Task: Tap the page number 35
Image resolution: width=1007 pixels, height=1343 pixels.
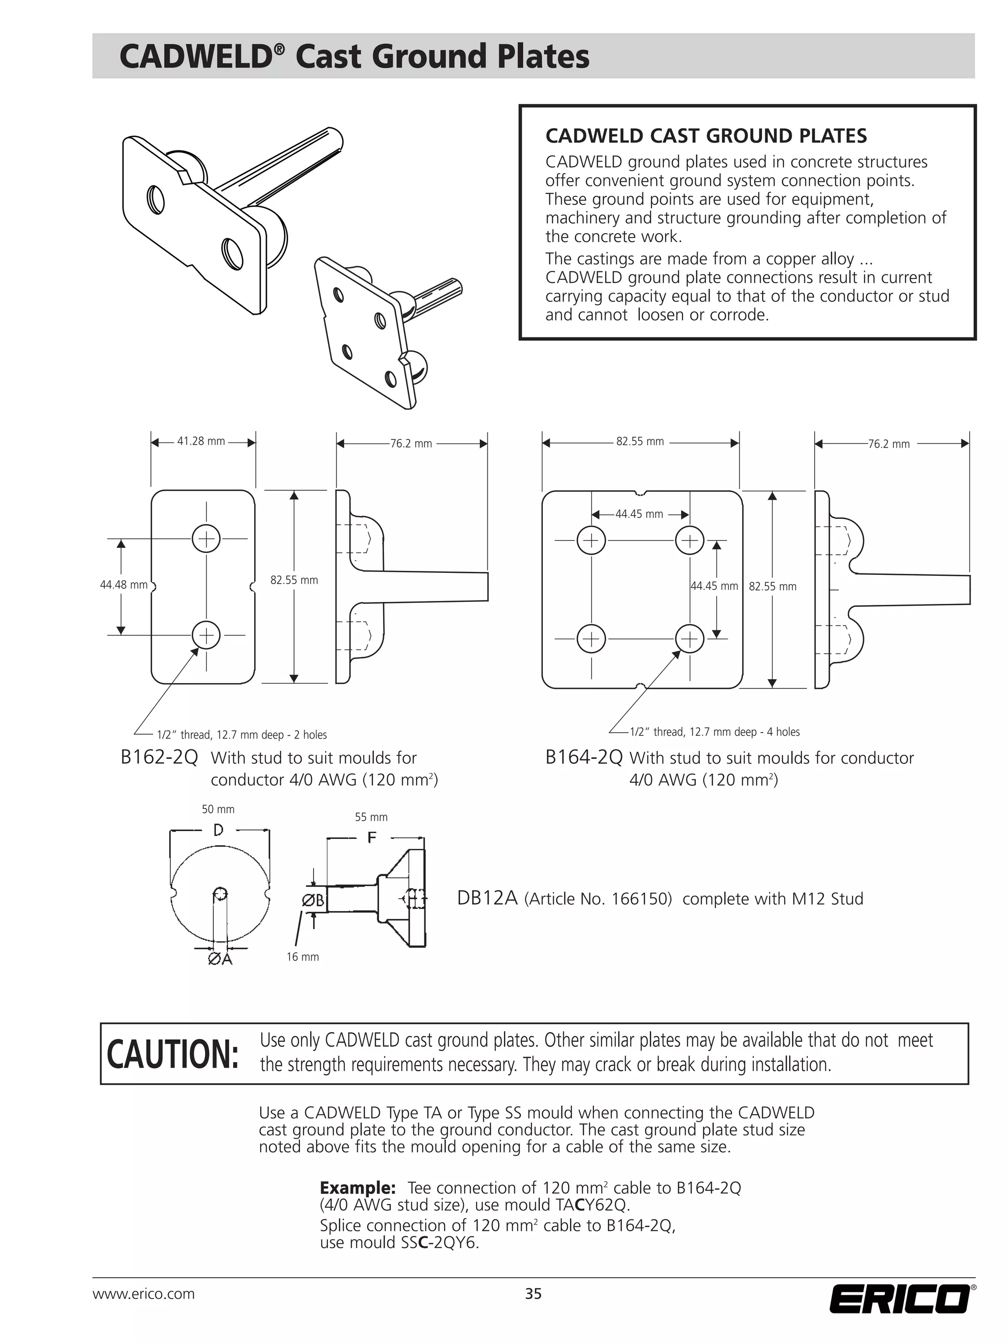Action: point(533,1294)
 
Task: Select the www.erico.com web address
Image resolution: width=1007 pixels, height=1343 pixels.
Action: point(143,1294)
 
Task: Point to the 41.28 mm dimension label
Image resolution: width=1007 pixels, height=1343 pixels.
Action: point(201,442)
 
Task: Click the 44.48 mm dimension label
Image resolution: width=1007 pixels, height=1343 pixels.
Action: point(124,585)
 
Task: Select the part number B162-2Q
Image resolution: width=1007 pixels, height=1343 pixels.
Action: point(159,758)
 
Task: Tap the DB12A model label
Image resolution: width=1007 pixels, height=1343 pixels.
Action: point(487,898)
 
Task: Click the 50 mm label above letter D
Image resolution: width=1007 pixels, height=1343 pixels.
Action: point(218,809)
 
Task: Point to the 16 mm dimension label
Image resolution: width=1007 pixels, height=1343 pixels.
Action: point(302,957)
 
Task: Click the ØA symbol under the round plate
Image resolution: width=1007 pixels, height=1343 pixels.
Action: point(220,959)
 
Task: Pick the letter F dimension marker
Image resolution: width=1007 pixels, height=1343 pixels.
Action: point(372,838)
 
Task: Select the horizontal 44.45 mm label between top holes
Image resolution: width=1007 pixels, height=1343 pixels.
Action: point(639,514)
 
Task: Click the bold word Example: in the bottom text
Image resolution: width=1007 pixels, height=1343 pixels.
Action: point(357,1188)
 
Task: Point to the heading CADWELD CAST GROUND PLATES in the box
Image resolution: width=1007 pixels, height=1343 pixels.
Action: point(706,136)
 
